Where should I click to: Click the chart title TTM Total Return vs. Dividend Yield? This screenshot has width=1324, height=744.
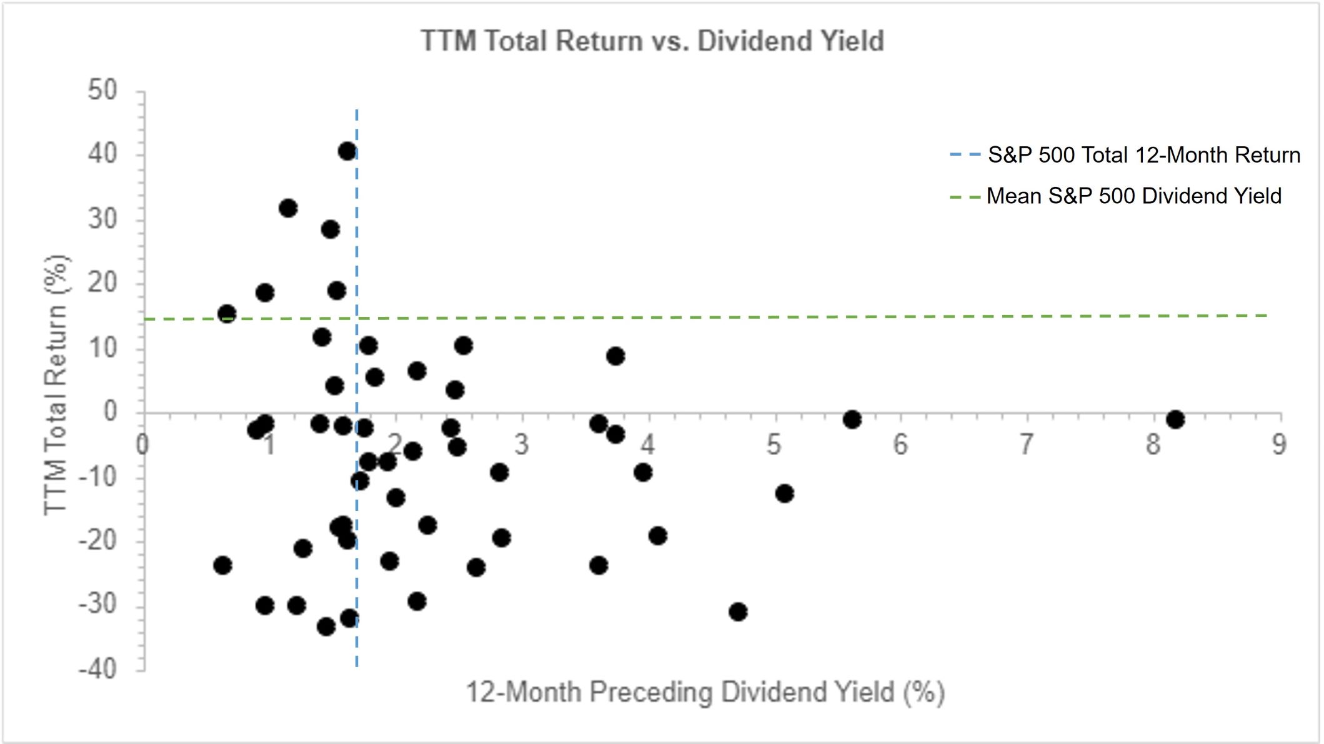(652, 41)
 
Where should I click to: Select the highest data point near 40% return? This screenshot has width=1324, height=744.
(347, 151)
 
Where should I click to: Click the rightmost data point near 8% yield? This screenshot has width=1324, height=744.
(1175, 419)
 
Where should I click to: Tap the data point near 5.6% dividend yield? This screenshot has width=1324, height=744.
(852, 419)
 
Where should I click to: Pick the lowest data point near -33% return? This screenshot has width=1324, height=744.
(326, 626)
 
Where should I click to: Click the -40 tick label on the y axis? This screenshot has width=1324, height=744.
(98, 670)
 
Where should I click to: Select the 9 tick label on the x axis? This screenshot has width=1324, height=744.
(1279, 445)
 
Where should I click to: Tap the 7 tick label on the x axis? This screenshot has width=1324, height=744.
(1027, 445)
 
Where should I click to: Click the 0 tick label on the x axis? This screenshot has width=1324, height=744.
(143, 445)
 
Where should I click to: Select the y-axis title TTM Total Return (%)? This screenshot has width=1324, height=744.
(56, 385)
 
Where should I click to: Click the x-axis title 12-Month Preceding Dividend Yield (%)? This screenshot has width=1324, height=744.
(705, 693)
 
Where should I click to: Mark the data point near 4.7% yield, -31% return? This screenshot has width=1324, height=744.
(738, 611)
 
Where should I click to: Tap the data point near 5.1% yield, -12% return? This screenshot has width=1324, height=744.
(784, 493)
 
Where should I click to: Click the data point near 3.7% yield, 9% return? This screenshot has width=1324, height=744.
(615, 356)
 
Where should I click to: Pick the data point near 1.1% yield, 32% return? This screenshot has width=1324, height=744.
(288, 208)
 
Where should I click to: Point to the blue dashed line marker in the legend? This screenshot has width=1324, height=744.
(965, 155)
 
